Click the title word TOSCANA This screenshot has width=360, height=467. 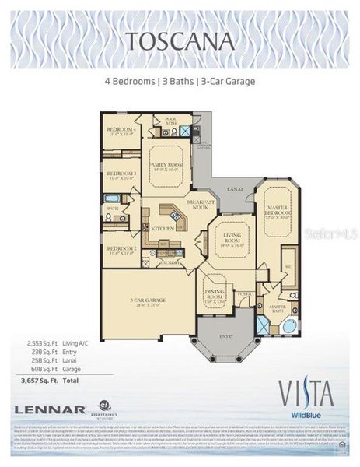point(180,38)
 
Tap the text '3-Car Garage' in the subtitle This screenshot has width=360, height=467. point(229,81)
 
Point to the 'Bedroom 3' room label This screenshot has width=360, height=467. point(121,175)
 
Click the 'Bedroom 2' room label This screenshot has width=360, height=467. point(121,250)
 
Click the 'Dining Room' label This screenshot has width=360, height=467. point(215,295)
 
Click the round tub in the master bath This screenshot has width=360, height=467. point(287,326)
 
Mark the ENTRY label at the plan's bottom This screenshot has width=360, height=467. point(228,336)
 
